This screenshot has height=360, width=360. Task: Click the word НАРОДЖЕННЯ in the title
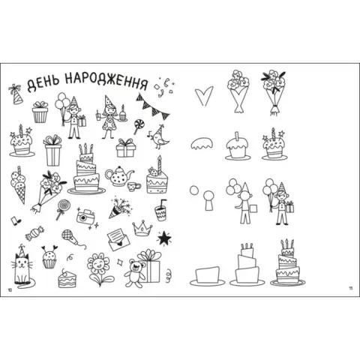[106, 80]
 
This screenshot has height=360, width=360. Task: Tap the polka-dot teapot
[119, 176]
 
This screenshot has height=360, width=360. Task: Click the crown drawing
[142, 228]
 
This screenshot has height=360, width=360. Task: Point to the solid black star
[164, 238]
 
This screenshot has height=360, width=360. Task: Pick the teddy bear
[134, 273]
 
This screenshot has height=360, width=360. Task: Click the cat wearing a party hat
[22, 266]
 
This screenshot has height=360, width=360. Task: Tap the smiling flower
[99, 269]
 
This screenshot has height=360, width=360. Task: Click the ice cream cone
[19, 184]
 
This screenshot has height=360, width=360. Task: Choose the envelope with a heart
[118, 240]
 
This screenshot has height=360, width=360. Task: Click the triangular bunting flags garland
[153, 106]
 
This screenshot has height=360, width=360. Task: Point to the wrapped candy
[34, 234]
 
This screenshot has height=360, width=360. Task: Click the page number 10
[10, 289]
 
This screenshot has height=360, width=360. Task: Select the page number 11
[350, 288]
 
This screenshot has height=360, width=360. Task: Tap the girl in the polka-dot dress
[109, 117]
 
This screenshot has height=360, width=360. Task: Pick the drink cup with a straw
[160, 211]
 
